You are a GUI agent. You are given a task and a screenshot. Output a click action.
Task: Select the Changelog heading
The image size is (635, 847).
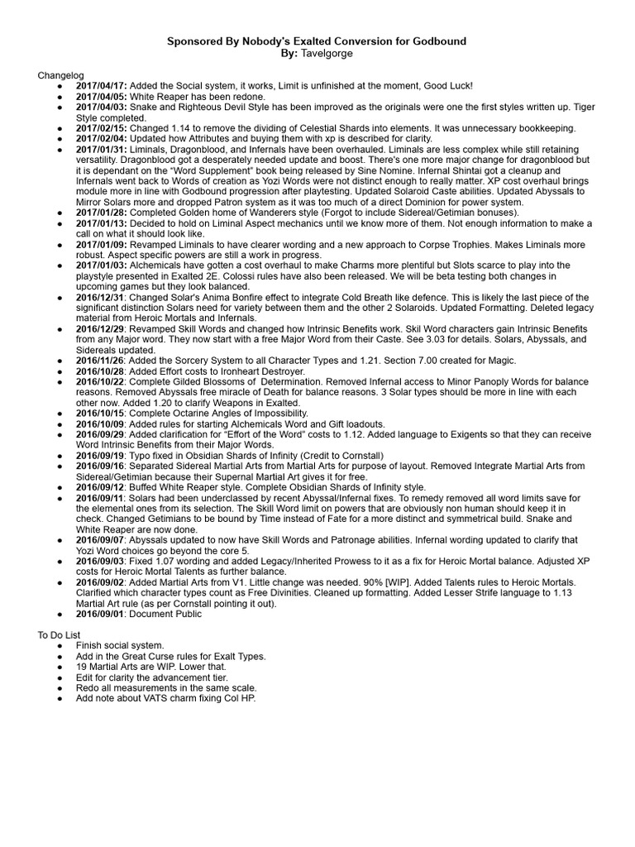pos(60,75)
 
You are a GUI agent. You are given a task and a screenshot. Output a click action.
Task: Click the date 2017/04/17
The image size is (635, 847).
pos(101,86)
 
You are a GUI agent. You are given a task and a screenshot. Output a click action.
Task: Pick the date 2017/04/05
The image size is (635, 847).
pos(101,97)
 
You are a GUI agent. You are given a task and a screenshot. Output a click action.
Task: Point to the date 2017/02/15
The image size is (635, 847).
pos(101,129)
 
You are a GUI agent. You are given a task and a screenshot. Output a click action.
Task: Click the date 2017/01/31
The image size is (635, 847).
pos(101,151)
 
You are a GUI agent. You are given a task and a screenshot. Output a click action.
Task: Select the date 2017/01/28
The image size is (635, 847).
pos(101,213)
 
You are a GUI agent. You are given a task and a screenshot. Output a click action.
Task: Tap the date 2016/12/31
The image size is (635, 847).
pos(101,298)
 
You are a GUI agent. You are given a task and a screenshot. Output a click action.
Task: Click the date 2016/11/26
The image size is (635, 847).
pos(101,361)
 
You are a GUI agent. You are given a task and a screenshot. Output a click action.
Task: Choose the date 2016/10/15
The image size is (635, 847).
pos(101,413)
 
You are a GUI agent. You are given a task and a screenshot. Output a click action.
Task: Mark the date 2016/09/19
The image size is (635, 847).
pos(101,455)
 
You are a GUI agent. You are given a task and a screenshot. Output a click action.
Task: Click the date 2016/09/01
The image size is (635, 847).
pos(101,615)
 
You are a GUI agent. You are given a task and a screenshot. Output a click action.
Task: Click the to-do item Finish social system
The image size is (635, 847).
pos(120,644)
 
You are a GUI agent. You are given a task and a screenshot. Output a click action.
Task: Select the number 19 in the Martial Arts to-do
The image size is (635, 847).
pos(81,666)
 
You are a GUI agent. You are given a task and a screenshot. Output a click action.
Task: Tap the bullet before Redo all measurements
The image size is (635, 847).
pos(60,687)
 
